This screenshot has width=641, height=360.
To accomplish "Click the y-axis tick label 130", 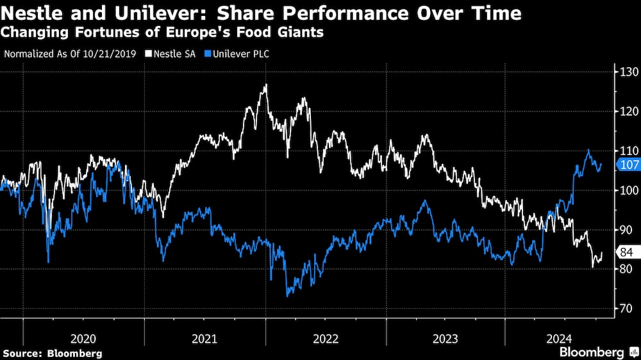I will pos(627,71).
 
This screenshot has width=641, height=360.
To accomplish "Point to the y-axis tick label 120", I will pos(627,111).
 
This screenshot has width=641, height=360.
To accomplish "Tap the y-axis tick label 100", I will pos(627,190).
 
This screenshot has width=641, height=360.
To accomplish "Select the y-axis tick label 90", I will pos(627,230).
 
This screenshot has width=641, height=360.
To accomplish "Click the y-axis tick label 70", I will pos(627,309).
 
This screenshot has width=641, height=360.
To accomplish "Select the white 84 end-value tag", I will pos(628,252).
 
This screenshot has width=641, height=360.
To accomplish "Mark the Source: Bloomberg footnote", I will pos(53,353).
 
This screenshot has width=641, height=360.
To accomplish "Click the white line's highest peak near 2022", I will pos(265,85).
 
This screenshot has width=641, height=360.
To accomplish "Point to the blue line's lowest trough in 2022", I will pos(288,296).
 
